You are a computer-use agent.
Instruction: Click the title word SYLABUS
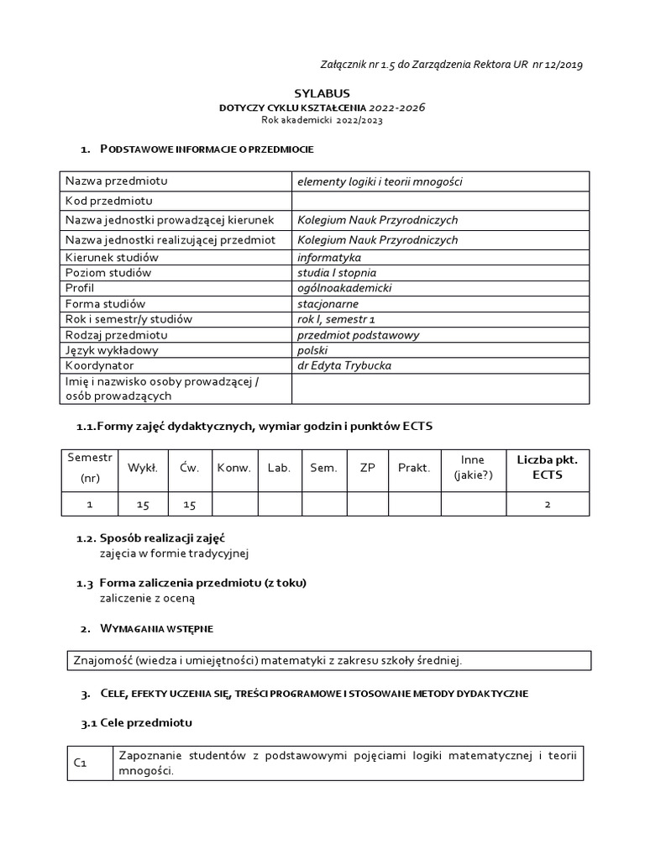[322, 93]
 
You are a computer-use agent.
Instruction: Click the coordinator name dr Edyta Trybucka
[344, 365]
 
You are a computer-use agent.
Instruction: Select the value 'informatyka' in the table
[329, 257]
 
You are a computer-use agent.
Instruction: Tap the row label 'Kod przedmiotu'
[108, 201]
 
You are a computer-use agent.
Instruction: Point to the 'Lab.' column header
[279, 468]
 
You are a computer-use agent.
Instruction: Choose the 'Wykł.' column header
[143, 468]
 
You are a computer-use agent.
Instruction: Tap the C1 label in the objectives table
[81, 763]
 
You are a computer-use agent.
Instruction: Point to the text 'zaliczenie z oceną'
[147, 598]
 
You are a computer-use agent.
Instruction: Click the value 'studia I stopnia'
[337, 272]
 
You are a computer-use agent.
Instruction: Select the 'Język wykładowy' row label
[112, 350]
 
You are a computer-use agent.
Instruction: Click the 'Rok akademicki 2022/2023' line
[322, 121]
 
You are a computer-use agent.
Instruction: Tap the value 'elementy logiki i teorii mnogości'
[380, 181]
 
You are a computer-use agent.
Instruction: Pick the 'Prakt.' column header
[414, 468]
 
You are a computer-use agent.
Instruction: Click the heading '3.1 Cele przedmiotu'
[137, 723]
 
